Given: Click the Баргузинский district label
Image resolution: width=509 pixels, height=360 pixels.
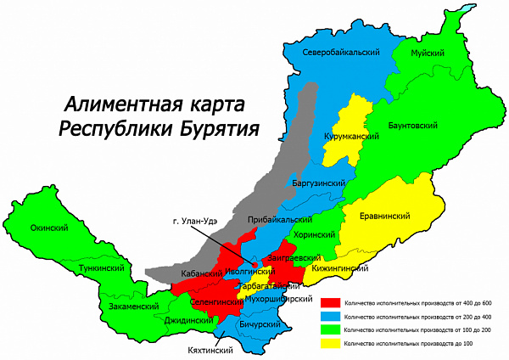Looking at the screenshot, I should (x=318, y=183).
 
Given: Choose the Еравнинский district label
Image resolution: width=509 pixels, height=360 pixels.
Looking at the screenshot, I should (x=386, y=217).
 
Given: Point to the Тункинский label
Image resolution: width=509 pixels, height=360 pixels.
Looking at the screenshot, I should (x=100, y=267).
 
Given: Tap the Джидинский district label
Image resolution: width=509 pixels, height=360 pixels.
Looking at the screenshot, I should (x=187, y=321).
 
